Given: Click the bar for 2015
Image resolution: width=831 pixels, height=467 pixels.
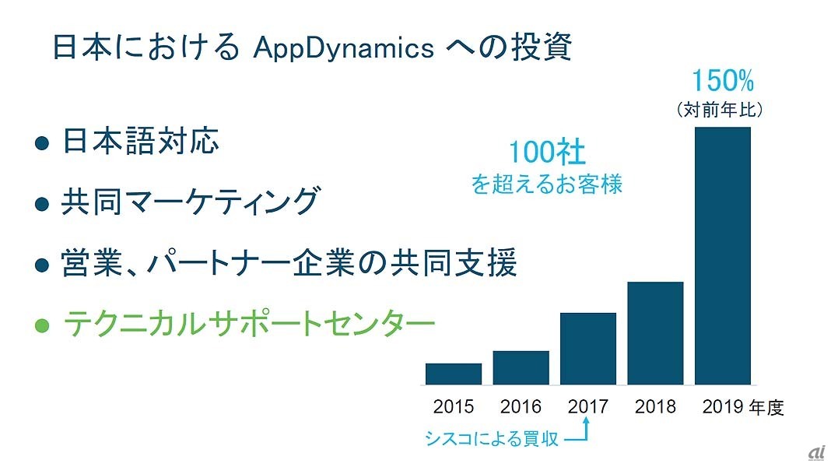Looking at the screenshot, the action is [454, 374].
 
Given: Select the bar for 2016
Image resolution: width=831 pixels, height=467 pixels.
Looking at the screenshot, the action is [521, 367].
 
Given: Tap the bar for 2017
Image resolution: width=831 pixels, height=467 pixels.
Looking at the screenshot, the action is [588, 348].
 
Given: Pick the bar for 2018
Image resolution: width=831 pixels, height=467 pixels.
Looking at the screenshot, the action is [656, 333].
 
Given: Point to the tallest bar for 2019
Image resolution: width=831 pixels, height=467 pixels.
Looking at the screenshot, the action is [723, 255].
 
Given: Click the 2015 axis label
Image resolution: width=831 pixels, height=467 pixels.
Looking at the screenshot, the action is [454, 406].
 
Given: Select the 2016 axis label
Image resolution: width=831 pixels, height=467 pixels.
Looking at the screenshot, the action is [521, 406].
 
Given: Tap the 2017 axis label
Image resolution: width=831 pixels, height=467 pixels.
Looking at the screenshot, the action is [588, 406].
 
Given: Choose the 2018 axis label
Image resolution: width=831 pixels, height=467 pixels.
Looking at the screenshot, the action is [656, 406].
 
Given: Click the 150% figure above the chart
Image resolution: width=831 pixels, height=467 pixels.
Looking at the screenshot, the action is [723, 81].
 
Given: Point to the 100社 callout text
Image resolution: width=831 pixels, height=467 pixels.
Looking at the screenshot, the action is [547, 153].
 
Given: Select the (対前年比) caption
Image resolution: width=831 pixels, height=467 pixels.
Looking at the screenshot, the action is [721, 110].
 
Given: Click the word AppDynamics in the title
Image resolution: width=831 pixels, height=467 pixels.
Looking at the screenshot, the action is [344, 48].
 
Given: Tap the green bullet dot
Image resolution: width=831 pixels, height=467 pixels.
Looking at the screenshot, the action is [42, 325].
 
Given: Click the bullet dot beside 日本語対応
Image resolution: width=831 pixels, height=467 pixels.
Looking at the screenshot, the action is [42, 142].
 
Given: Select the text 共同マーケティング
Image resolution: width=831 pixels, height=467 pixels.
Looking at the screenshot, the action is [191, 202].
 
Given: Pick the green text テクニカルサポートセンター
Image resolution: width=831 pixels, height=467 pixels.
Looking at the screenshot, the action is [249, 323].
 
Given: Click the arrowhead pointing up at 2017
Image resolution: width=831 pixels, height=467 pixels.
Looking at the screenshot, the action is [586, 421].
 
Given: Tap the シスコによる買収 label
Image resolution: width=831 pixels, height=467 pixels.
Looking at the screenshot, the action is [491, 439].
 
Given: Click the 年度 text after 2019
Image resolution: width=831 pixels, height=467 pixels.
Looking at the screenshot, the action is [766, 407].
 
